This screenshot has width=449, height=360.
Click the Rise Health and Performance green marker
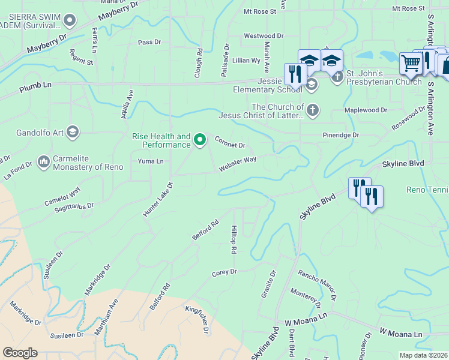(x=200, y=140)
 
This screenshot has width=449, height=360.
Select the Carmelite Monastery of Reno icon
(x=43, y=161)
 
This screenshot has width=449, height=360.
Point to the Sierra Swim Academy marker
(x=69, y=22)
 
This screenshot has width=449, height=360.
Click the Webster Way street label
(x=237, y=164)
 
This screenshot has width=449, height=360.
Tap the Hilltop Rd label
(x=234, y=239)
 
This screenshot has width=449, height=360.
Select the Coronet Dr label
(x=231, y=142)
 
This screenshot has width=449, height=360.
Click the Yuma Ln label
(x=150, y=161)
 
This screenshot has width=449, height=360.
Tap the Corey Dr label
(x=224, y=272)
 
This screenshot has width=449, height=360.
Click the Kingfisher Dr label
(x=197, y=318)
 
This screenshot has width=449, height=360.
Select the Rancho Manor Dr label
(x=316, y=285)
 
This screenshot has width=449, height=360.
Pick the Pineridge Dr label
(x=340, y=135)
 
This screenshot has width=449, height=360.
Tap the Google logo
(x=20, y=353)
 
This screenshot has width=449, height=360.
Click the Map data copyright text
(x=423, y=355)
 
